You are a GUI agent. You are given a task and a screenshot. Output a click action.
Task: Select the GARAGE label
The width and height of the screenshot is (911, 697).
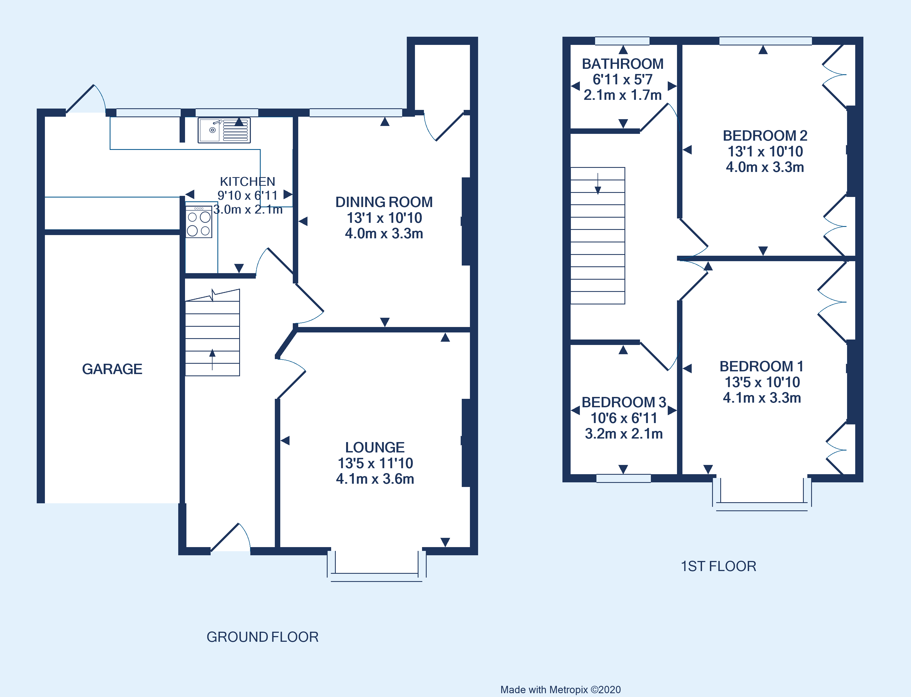click(x=112, y=369)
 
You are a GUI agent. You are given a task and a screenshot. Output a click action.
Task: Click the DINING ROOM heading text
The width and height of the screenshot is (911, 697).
click(x=384, y=202)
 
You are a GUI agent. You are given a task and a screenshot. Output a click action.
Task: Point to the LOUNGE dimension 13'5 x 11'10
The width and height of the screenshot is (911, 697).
click(x=375, y=463)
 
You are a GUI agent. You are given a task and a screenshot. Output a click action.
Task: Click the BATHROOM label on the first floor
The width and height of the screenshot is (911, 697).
click(x=622, y=64)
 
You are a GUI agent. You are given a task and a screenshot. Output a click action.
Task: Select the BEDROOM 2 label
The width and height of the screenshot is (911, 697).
click(x=765, y=136)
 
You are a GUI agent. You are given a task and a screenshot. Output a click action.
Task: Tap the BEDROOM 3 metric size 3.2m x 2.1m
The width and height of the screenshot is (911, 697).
click(x=623, y=434)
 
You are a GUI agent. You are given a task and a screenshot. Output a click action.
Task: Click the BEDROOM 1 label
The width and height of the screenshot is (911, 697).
click(x=761, y=366)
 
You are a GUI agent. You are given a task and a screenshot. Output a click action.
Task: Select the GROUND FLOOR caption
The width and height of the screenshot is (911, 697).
click(x=262, y=637)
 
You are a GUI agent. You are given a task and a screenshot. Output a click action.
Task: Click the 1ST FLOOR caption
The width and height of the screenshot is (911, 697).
click(x=718, y=566)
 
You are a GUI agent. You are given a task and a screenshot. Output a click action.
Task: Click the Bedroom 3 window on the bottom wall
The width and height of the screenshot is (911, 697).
click(x=623, y=478)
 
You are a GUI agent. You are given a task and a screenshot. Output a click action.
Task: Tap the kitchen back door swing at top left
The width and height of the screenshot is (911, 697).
click(x=86, y=99)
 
